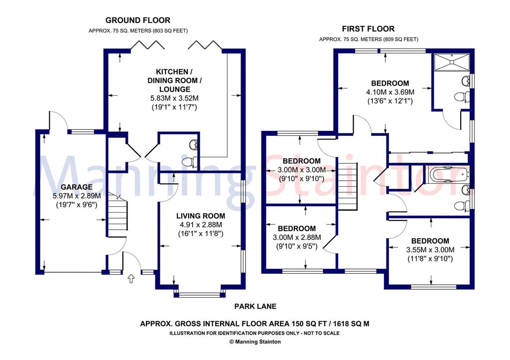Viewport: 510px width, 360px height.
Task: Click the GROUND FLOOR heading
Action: tap(138, 20)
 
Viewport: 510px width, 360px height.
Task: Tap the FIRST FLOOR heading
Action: tap(368, 28)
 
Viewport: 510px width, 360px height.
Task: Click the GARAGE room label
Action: tap(76, 187)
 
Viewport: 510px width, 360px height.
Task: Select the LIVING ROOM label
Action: tap(201, 216)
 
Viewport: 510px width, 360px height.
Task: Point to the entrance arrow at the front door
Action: tap(131, 278)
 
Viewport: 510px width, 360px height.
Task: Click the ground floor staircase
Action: tap(117, 215)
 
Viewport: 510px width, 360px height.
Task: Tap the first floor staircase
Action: tap(348, 186)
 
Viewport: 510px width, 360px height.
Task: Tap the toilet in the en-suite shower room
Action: tap(462, 97)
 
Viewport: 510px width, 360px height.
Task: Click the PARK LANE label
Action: tap(255, 306)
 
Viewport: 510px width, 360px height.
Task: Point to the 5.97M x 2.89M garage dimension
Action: tap(76, 196)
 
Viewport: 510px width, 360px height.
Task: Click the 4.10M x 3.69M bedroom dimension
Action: tap(390, 92)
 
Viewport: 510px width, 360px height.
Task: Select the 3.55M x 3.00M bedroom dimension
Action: tap(430, 250)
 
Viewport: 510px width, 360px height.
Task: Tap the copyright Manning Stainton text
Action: tap(255, 342)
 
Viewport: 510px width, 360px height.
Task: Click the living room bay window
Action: tap(199, 295)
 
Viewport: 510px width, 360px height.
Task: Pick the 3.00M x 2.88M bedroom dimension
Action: tap(297, 238)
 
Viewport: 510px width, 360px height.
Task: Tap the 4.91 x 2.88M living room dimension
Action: tap(201, 225)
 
